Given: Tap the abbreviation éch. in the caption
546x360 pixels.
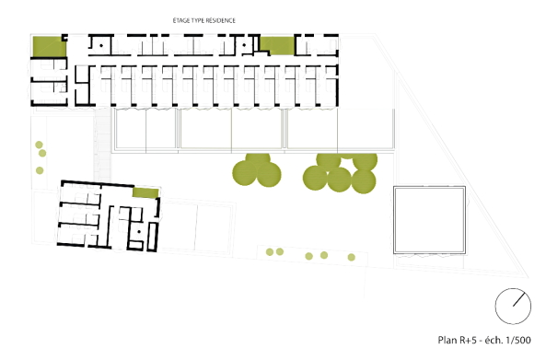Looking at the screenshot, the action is pos(494,339).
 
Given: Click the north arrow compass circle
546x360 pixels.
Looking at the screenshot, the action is pos(513,304).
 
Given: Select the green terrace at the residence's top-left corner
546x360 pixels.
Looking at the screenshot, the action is pos(45,45).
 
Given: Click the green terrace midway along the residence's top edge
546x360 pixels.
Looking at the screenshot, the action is pos(276,44).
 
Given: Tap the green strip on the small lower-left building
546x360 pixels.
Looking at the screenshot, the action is pos(144,192).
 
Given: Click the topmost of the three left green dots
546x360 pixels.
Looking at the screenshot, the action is pos(41,144).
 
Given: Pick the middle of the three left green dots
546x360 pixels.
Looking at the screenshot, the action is pos(40,157).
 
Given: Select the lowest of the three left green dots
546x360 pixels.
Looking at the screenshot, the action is pos(40,171).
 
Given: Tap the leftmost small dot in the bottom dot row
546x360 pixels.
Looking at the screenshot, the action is pos(269,251).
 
